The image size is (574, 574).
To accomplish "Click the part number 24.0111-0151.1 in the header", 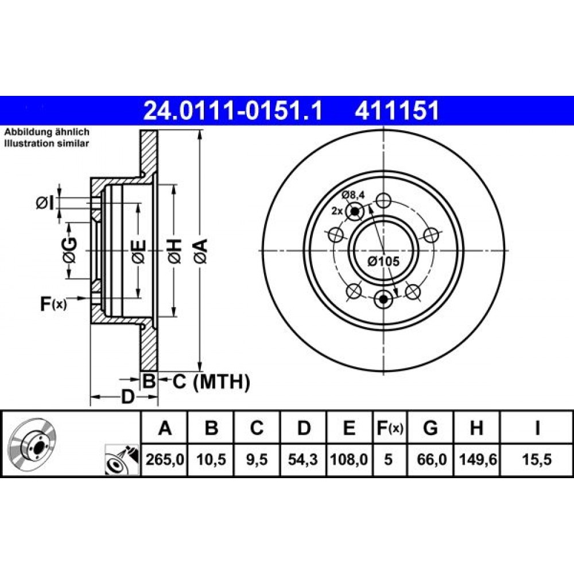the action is point(233,111).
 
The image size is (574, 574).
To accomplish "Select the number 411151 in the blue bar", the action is point(397,111).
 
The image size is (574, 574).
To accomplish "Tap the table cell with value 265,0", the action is point(165,459).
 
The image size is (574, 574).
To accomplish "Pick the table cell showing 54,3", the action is point(303,459).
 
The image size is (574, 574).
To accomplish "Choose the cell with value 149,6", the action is point(478,459).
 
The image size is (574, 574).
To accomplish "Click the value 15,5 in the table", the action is point(537,459).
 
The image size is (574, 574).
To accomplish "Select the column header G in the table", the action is point(430,428).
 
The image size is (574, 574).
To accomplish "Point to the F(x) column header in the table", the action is point(390,428).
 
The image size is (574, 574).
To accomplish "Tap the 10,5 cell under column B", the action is point(211,459).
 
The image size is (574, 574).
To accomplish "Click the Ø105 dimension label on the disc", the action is point(383,261).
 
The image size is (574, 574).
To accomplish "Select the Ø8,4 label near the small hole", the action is point(353,195).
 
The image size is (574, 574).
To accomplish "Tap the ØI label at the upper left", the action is point(45,203).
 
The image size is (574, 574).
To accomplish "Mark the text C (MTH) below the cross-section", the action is point(212,382).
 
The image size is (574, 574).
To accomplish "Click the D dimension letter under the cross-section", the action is point(128,397).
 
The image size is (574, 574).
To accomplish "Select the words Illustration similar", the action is point(46,143).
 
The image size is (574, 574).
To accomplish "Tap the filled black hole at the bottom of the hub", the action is point(383,299).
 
